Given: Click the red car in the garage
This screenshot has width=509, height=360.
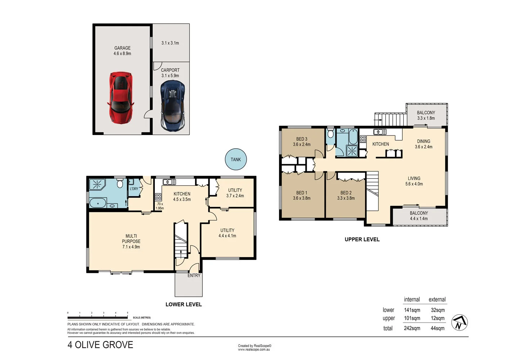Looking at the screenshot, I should click(121, 98).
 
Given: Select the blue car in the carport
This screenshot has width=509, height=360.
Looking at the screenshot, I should click(173, 105).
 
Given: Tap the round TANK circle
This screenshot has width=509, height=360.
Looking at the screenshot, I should click(236, 159).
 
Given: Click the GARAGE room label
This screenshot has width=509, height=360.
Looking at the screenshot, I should click(122, 48).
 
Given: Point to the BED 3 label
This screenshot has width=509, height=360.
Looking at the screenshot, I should click(302, 139).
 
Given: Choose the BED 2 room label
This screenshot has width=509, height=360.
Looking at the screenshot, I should click(346, 193).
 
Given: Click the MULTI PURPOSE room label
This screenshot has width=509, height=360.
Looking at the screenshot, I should click(131, 239).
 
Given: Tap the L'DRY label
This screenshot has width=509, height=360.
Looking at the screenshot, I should click(134, 189).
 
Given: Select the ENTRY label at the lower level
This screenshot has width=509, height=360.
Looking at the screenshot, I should click(194, 275).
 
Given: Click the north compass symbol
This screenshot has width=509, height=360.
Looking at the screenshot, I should click(459, 323).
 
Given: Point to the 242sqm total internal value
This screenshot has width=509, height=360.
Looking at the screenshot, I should click(412, 328).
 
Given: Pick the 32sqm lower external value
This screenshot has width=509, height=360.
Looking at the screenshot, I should click(437, 310).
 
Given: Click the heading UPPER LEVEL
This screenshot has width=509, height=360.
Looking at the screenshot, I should click(362, 239).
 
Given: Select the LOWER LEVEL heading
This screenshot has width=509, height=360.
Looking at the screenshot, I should click(184, 305).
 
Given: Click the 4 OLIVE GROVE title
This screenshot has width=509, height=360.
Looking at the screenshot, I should click(100, 345).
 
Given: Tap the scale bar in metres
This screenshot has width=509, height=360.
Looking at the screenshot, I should click(98, 318).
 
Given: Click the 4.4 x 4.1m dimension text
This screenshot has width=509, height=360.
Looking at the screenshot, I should click(227, 236).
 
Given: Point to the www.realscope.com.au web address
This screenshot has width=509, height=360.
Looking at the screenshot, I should click(254, 350).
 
